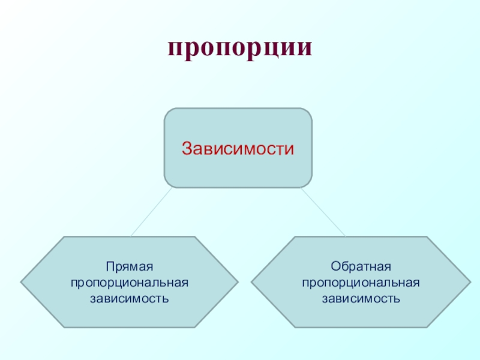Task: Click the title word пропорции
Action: [240, 49]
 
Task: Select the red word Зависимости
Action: [238, 148]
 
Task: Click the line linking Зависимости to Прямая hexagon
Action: [152, 212]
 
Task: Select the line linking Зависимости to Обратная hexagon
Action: [323, 212]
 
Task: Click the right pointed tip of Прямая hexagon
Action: [238, 281]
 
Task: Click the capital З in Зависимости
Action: [187, 148]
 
